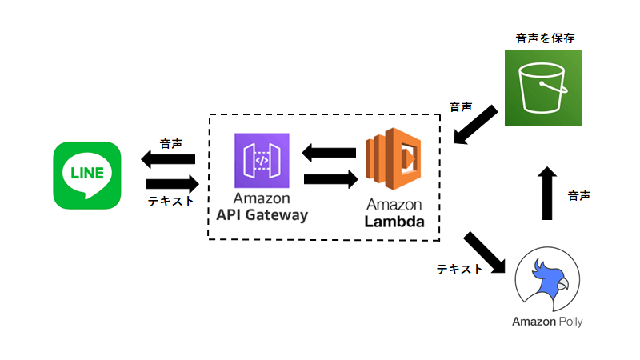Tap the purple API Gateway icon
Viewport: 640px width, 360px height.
click(x=262, y=161)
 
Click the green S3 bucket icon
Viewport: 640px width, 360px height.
click(x=543, y=88)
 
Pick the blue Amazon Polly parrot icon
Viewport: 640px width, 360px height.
click(x=547, y=279)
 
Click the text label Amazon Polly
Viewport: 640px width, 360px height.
click(x=547, y=322)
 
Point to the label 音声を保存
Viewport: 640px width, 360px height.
click(x=543, y=38)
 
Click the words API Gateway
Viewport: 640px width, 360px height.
click(x=262, y=214)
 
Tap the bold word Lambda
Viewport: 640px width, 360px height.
click(x=394, y=222)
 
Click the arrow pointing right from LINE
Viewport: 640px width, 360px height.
click(x=170, y=182)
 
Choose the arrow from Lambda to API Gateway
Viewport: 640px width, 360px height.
click(x=330, y=150)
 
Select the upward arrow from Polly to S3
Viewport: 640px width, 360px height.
click(x=547, y=193)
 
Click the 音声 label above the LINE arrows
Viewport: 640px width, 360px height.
click(x=170, y=144)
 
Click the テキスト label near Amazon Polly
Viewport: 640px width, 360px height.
click(x=459, y=270)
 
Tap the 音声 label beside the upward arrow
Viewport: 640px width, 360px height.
click(x=579, y=195)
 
